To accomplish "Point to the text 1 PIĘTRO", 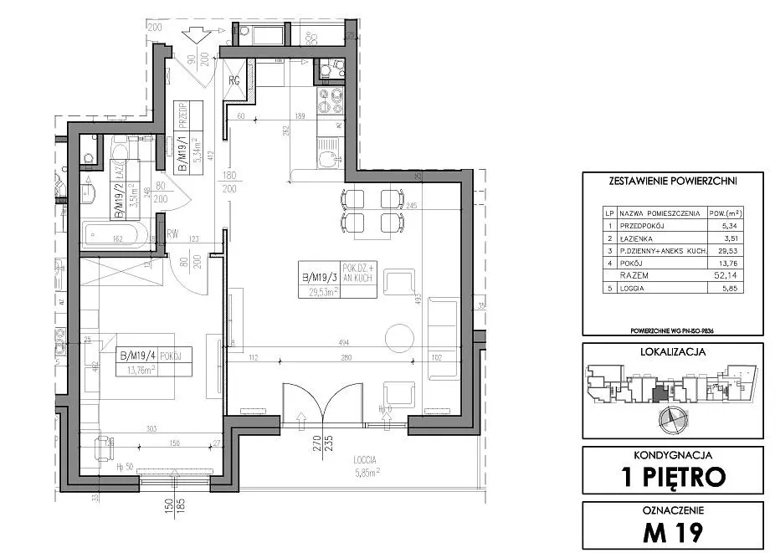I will tap(672, 477).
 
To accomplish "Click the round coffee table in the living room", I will tap(401, 337).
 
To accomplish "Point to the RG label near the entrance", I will tap(235, 79).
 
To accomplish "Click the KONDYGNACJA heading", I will tap(672, 455).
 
